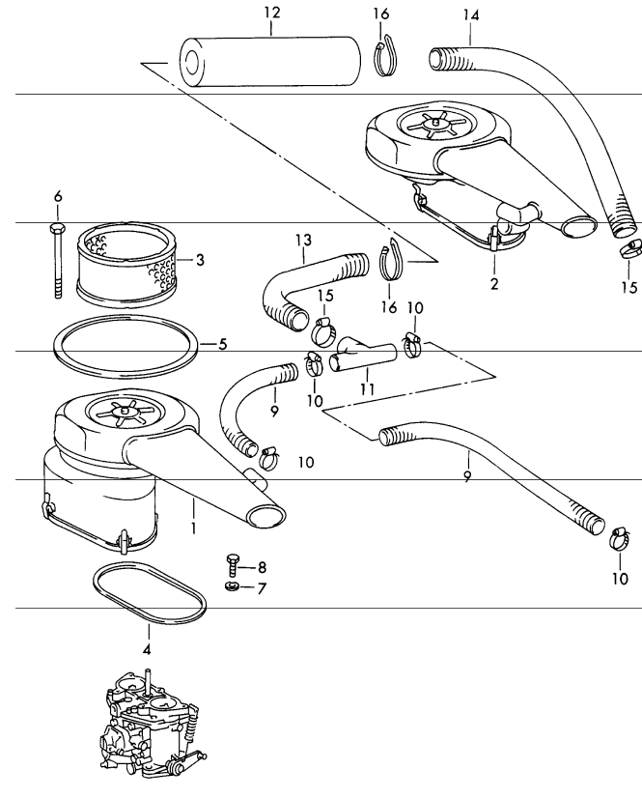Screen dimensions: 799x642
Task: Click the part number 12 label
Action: (x=271, y=13)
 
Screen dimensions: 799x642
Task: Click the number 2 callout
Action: (x=494, y=285)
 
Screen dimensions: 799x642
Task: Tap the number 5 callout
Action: (x=221, y=343)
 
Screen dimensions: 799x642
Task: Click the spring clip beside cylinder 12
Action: (x=385, y=54)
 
